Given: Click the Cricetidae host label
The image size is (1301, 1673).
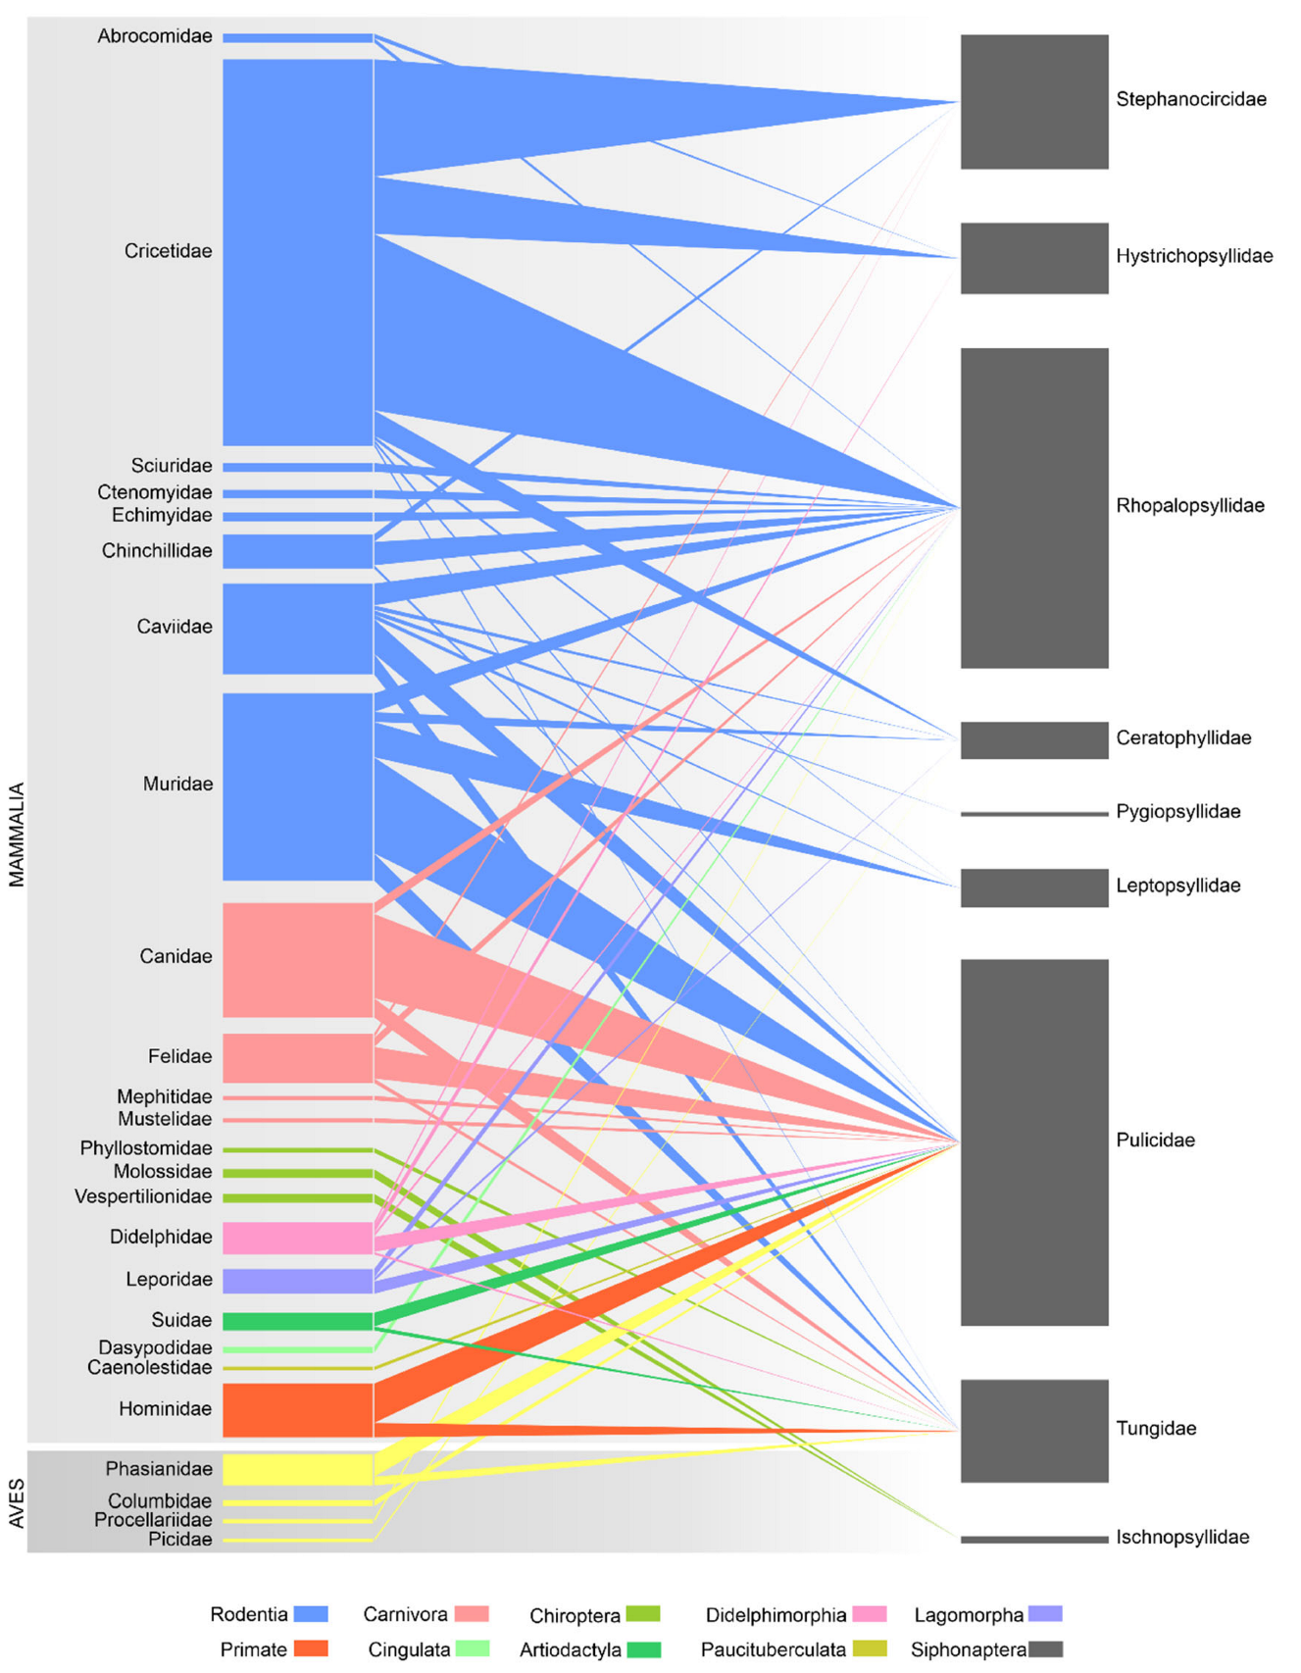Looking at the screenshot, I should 168,252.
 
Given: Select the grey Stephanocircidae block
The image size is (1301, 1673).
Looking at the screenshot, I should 1033,102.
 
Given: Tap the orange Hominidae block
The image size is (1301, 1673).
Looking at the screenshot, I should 297,1410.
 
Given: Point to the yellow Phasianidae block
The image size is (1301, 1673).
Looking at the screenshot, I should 297,1469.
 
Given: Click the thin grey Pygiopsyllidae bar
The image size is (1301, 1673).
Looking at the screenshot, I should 1033,814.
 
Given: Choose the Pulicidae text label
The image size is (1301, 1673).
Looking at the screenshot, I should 1155,1141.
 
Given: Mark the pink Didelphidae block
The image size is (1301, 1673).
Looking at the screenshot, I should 297,1238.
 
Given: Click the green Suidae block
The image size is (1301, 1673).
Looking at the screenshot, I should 297,1321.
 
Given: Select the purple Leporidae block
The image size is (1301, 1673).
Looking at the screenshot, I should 297,1281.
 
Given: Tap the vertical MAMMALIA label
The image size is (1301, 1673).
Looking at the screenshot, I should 17,835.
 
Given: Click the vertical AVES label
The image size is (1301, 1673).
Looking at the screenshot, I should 17,1503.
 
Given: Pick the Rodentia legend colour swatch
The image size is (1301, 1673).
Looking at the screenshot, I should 311,1614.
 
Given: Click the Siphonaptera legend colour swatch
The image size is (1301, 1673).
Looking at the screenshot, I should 1045,1649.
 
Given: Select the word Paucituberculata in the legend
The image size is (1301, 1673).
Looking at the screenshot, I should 773,1649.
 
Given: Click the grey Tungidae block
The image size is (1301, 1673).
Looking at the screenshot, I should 1033,1431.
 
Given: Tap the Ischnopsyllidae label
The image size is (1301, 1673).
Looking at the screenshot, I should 1182,1538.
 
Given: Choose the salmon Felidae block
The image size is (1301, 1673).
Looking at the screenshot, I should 297,1058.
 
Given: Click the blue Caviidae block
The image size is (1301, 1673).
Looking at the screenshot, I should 297,629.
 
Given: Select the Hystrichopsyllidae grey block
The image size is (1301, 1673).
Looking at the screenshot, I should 1033,258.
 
